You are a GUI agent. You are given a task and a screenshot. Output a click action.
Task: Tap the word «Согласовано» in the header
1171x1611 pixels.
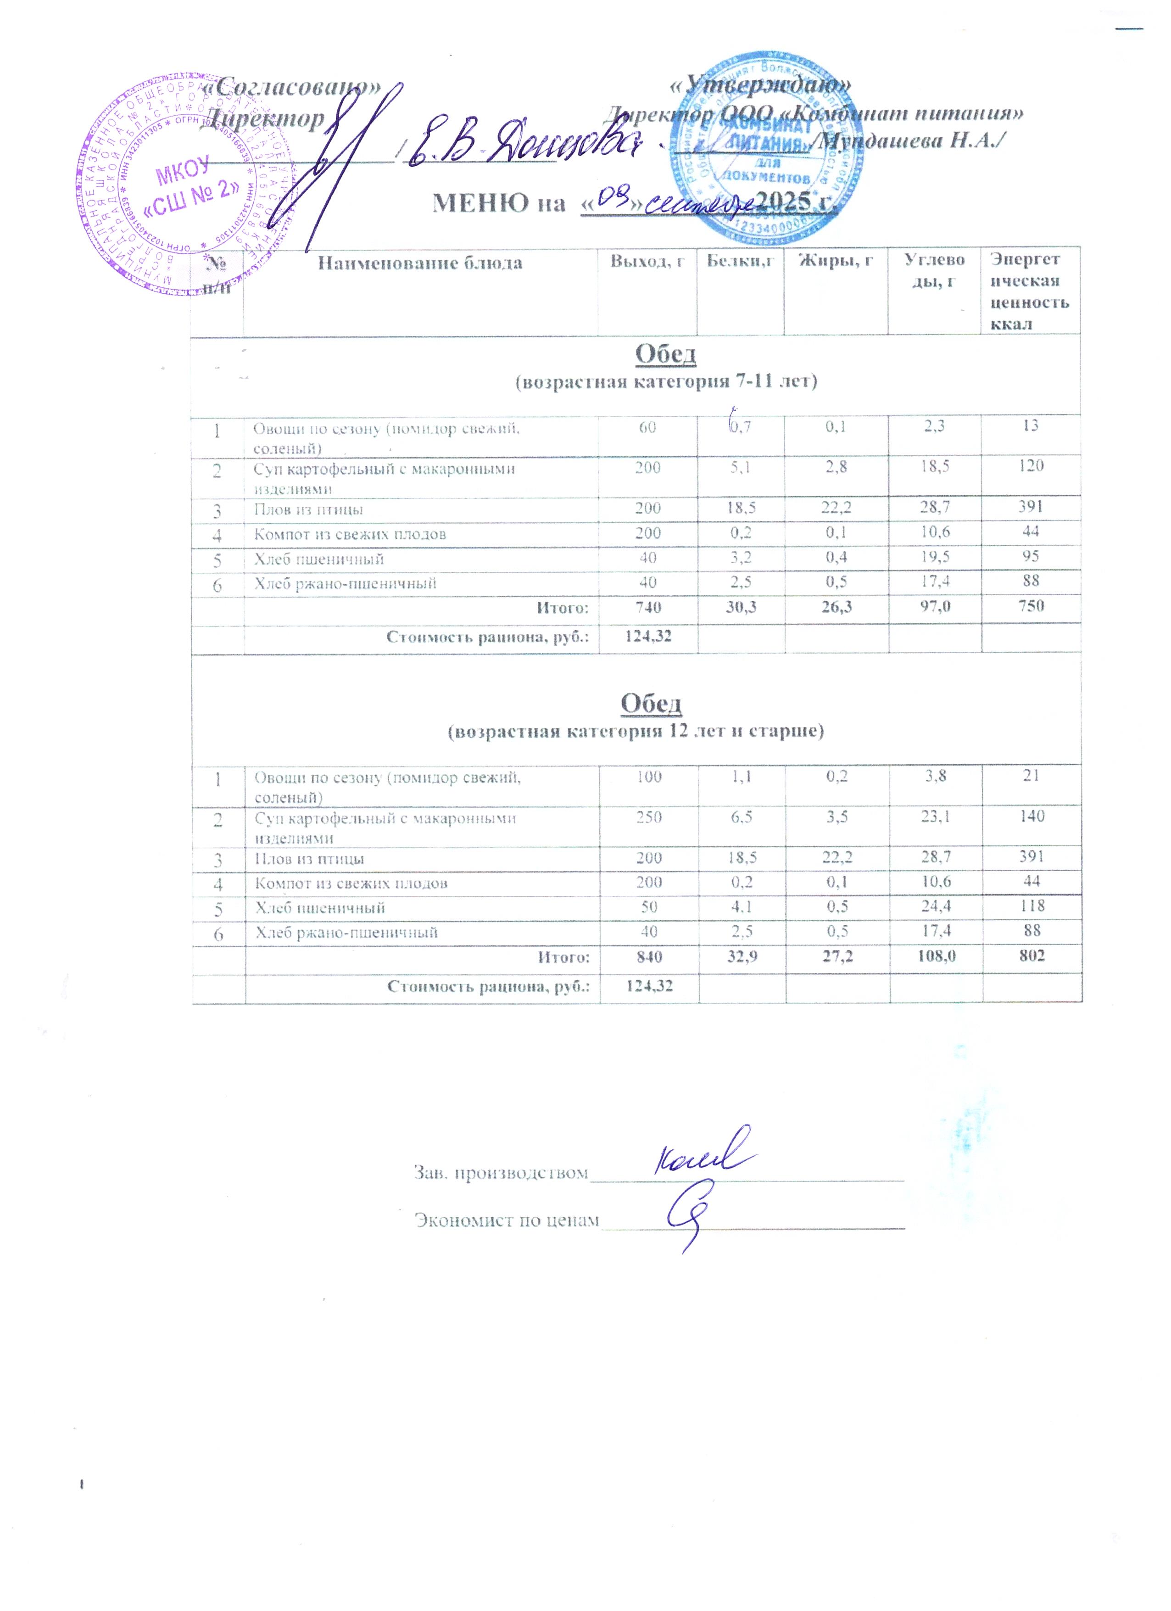(291, 87)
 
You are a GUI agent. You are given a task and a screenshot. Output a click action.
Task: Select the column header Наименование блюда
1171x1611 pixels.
(420, 263)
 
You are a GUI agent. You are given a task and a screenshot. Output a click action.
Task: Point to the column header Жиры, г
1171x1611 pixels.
(836, 261)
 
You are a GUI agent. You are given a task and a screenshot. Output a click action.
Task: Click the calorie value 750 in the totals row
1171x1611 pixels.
(1031, 606)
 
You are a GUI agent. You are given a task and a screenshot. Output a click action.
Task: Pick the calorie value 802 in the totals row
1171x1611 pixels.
(1032, 956)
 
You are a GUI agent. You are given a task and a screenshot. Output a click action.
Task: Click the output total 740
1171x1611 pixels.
(647, 607)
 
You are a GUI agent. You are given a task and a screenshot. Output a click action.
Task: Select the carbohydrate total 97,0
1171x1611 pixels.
(935, 607)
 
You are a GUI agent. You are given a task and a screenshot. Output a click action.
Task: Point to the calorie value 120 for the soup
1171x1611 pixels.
(1031, 466)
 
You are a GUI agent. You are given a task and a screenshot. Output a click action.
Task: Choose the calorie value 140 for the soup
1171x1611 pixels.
(1032, 816)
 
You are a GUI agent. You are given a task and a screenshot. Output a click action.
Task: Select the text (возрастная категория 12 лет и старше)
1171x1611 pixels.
(636, 732)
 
